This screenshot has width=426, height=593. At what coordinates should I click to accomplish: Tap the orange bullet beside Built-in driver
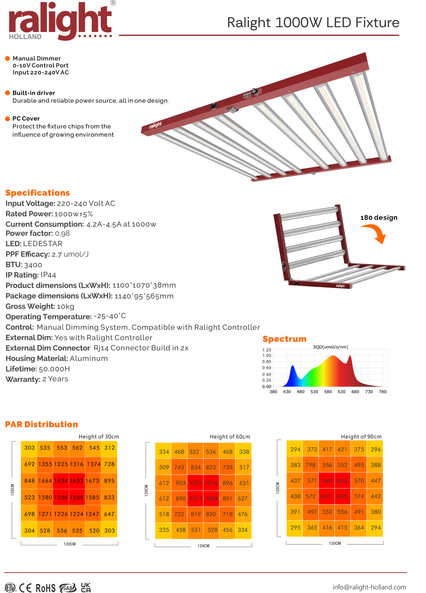coord(8,93)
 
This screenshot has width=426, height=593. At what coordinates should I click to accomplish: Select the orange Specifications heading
coord(38,193)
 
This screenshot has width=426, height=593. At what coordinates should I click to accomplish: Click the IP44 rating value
coord(48,275)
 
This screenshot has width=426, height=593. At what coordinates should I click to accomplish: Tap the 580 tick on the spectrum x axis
coord(328,392)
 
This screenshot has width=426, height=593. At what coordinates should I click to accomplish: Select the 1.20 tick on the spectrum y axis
coord(266,350)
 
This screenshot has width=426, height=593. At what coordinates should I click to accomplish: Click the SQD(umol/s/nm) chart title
coord(330,347)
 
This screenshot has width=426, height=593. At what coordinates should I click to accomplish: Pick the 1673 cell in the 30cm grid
coord(93,481)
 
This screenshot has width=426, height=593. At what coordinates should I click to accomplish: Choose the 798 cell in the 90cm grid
coord(310,465)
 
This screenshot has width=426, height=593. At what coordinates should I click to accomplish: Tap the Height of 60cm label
coord(230,437)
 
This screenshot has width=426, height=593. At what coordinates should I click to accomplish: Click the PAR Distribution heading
coord(42,424)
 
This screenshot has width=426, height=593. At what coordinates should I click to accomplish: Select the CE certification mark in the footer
coord(25,587)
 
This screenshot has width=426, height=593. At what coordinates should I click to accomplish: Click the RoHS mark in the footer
coord(45,588)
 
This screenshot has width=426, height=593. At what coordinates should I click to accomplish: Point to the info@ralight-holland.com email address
coord(369,587)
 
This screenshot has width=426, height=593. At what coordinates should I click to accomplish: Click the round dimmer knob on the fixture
coord(255,91)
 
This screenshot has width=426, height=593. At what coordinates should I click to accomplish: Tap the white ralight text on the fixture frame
coord(156,125)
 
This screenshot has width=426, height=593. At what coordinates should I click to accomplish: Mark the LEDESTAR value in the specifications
coord(43,244)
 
